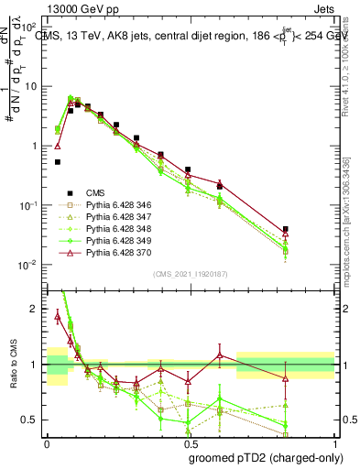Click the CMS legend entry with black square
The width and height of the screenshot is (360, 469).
pos(96,193)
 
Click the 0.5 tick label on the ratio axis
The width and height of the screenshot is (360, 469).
pos(34,420)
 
